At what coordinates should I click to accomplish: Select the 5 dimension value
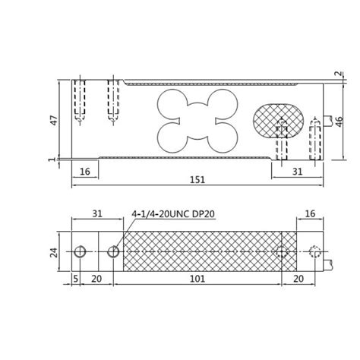coord(77,279)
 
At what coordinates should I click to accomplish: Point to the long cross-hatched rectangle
coord(201,252)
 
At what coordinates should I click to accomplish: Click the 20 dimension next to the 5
coord(96,279)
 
